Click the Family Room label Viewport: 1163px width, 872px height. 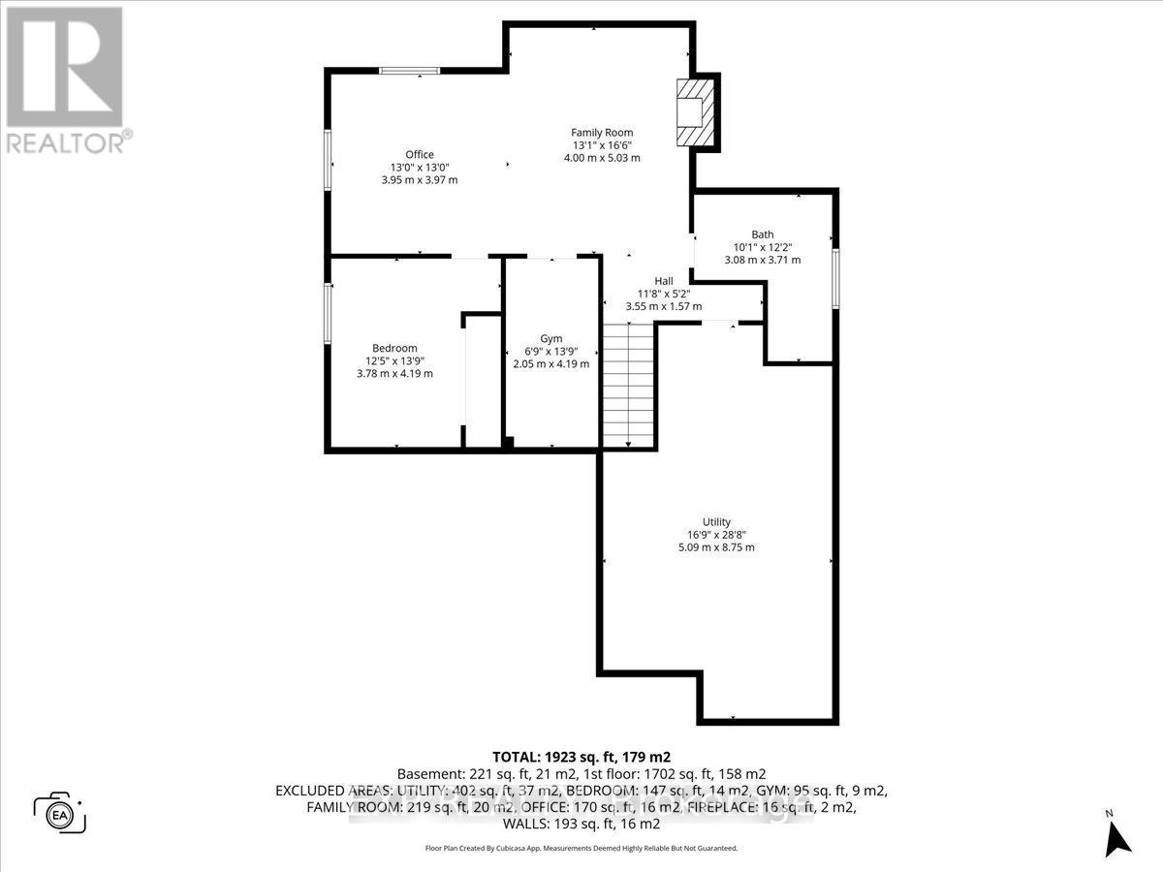pos(602,132)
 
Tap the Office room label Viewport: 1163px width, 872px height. pos(419,154)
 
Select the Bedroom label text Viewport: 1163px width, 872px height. pos(394,348)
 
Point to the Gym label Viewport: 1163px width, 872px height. pos(550,338)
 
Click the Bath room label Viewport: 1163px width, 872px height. pos(763,234)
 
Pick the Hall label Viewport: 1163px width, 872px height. pos(663,281)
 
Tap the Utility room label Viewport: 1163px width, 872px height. pos(716,522)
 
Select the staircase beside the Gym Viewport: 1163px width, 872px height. pos(629,385)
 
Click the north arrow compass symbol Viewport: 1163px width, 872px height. pos(1117,832)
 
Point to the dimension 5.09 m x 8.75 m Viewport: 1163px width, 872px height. pos(716,547)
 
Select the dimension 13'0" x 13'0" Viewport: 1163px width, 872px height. pos(419,167)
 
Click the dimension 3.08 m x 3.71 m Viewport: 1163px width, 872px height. pos(763,260)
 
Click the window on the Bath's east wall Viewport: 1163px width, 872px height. pos(834,279)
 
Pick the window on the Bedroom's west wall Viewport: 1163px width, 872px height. pos(328,314)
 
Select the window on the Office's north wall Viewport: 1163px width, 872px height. pos(409,70)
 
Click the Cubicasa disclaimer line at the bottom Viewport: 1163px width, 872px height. pos(581,848)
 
